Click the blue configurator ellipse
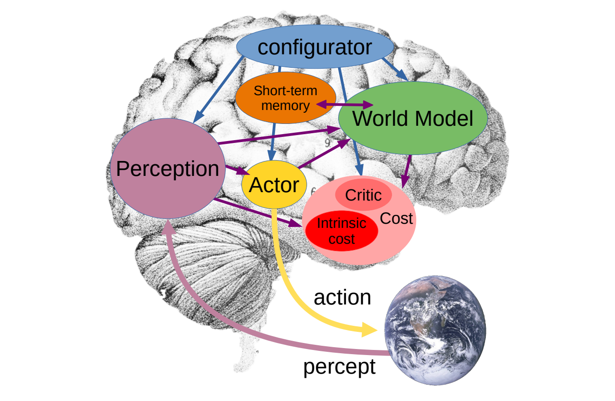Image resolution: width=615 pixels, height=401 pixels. pos(315,46)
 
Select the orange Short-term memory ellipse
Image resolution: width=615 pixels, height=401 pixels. pos(286,97)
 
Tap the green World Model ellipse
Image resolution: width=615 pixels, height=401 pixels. pos(413,118)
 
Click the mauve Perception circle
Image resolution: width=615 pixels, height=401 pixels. pos(168,168)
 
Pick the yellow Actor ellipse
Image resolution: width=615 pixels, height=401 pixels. pos(274,185)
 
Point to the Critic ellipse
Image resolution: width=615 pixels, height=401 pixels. pos(363,195)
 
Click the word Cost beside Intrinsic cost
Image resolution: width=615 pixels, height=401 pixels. pos(396,219)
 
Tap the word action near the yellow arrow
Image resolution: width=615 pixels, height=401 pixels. pos(342,298)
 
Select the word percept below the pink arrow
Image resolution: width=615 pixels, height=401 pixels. pos(340,367)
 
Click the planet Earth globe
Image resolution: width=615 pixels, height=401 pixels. pos(435,330)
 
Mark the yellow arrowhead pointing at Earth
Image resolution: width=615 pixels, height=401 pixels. pos(369,330)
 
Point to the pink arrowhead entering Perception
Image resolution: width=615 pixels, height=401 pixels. pos(168,226)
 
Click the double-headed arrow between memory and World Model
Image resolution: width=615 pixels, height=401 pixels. pos(345,104)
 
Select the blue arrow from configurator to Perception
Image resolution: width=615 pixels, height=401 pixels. pos(218,90)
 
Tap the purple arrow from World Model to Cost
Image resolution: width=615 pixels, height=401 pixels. pos(406,172)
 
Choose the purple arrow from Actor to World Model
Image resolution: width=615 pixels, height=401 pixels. pos(324,154)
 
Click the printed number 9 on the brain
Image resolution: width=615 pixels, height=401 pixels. pos(327,142)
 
